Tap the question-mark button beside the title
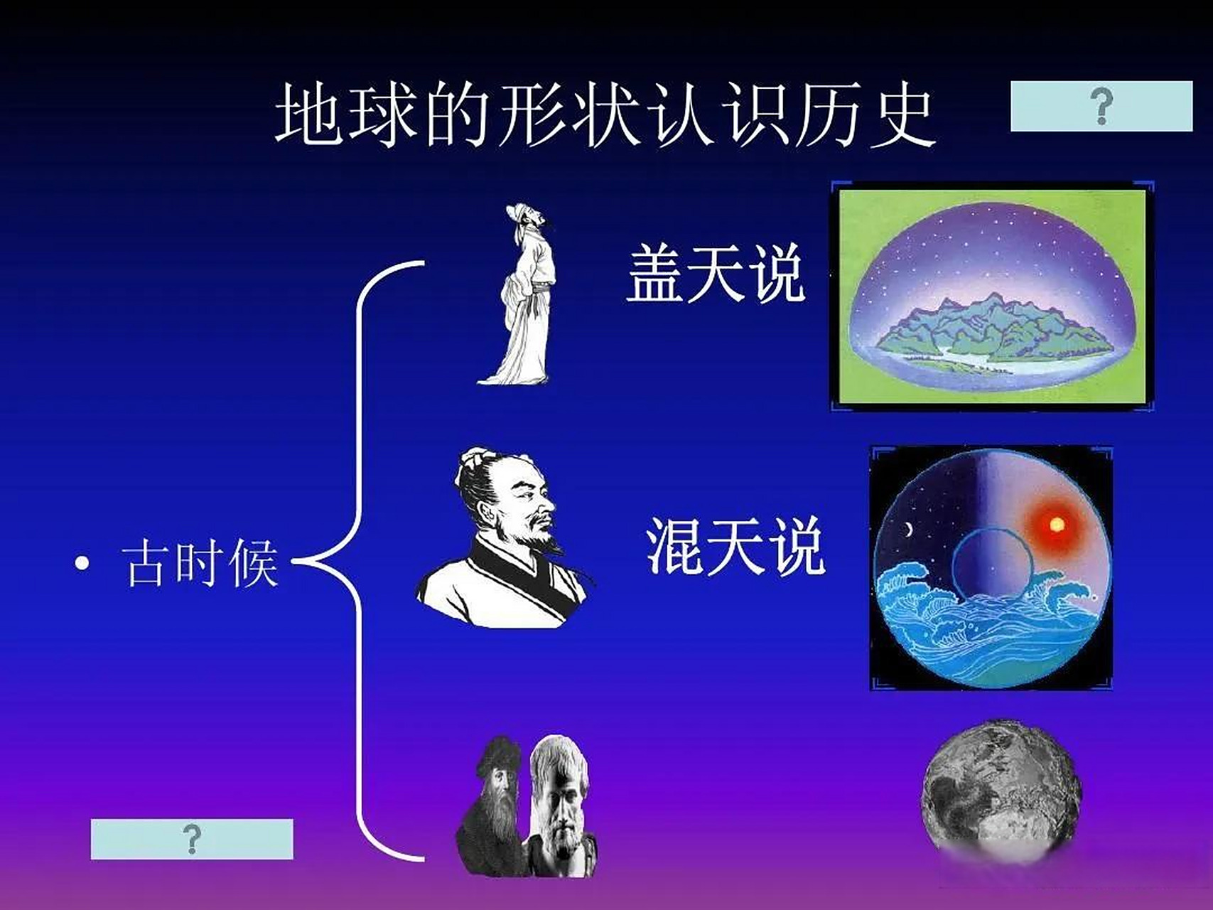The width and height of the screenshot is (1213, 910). click(1101, 107)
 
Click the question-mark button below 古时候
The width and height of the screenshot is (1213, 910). click(192, 839)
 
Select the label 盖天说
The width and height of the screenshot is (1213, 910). click(715, 274)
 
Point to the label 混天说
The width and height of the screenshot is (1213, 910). click(735, 546)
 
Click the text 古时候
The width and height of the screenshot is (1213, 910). click(200, 564)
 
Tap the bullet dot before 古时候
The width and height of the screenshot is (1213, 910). click(82, 564)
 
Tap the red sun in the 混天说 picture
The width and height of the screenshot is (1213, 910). click(1057, 525)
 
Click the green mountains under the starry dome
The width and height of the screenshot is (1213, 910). click(995, 327)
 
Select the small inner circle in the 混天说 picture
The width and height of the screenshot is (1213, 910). click(992, 565)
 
